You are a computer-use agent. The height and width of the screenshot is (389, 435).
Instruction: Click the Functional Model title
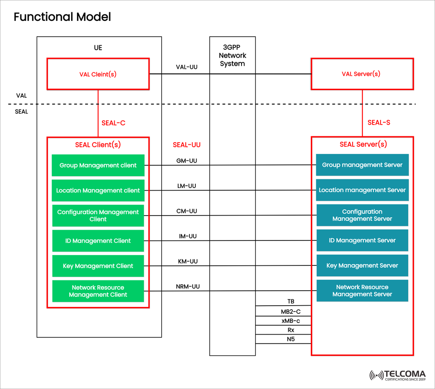coord(62,17)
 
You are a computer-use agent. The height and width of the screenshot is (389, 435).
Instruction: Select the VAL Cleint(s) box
coord(98,74)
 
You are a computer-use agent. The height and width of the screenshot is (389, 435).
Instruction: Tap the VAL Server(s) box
coord(362,74)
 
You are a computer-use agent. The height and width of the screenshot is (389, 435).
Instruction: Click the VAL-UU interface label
coord(187,67)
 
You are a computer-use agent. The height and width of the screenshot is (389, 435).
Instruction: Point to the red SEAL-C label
coord(113,122)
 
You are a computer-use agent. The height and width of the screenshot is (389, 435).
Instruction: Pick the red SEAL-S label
coord(379,122)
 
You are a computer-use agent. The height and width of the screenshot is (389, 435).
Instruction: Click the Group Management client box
coord(98,165)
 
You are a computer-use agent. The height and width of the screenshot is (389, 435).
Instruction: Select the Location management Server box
coord(362,190)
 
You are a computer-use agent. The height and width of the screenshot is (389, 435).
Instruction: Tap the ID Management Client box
coord(98,241)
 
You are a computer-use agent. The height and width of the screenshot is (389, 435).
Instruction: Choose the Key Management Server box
coord(362,265)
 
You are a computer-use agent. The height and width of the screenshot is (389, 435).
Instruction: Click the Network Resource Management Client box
coord(98,291)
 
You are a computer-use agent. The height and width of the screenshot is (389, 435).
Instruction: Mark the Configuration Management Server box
coord(362,215)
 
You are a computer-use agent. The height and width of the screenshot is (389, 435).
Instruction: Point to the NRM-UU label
coord(188,287)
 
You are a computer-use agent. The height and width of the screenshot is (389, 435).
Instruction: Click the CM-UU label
coord(187,211)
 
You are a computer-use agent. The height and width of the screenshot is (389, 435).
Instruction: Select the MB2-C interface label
coord(290,312)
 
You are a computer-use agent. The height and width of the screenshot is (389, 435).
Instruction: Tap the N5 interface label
coord(290,338)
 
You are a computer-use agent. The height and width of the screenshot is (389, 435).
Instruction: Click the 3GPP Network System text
coord(232,55)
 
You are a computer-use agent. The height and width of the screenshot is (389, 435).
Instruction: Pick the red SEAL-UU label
coord(187,145)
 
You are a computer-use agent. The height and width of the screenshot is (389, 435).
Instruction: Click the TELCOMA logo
coord(397,375)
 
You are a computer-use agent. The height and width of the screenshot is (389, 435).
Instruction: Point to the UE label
coord(98,48)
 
